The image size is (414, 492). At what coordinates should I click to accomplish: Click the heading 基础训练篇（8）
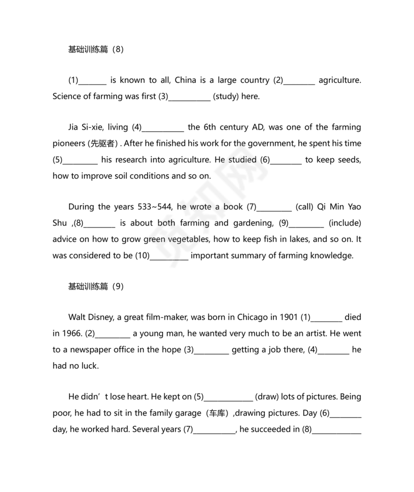point(95,49)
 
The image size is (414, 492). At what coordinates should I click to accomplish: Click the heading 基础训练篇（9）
point(95,286)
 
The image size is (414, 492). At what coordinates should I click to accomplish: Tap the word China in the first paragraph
point(185,80)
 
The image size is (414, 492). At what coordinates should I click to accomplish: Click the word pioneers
point(69,144)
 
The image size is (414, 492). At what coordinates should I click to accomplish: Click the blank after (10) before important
point(169,256)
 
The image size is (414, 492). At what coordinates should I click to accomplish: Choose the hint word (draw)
point(267,397)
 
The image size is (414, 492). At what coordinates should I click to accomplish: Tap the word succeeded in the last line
point(267,429)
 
